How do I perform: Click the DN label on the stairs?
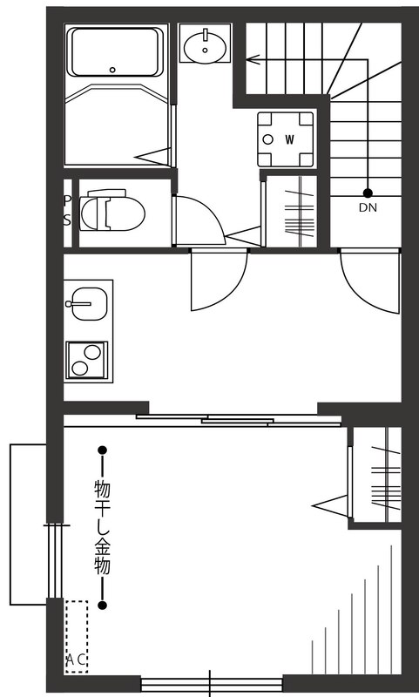(x=368, y=207)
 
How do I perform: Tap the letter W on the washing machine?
(x=288, y=139)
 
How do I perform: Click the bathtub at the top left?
(x=116, y=52)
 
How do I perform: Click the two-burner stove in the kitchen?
(x=86, y=359)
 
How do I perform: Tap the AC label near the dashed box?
(x=76, y=660)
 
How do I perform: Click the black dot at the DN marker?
(x=368, y=193)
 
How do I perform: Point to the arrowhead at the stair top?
(x=251, y=60)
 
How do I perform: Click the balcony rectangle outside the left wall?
(x=27, y=524)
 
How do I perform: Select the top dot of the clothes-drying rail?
(x=102, y=450)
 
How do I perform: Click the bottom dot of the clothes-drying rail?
(x=102, y=605)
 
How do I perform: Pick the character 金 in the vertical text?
(x=102, y=548)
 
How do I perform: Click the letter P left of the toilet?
(x=68, y=200)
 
